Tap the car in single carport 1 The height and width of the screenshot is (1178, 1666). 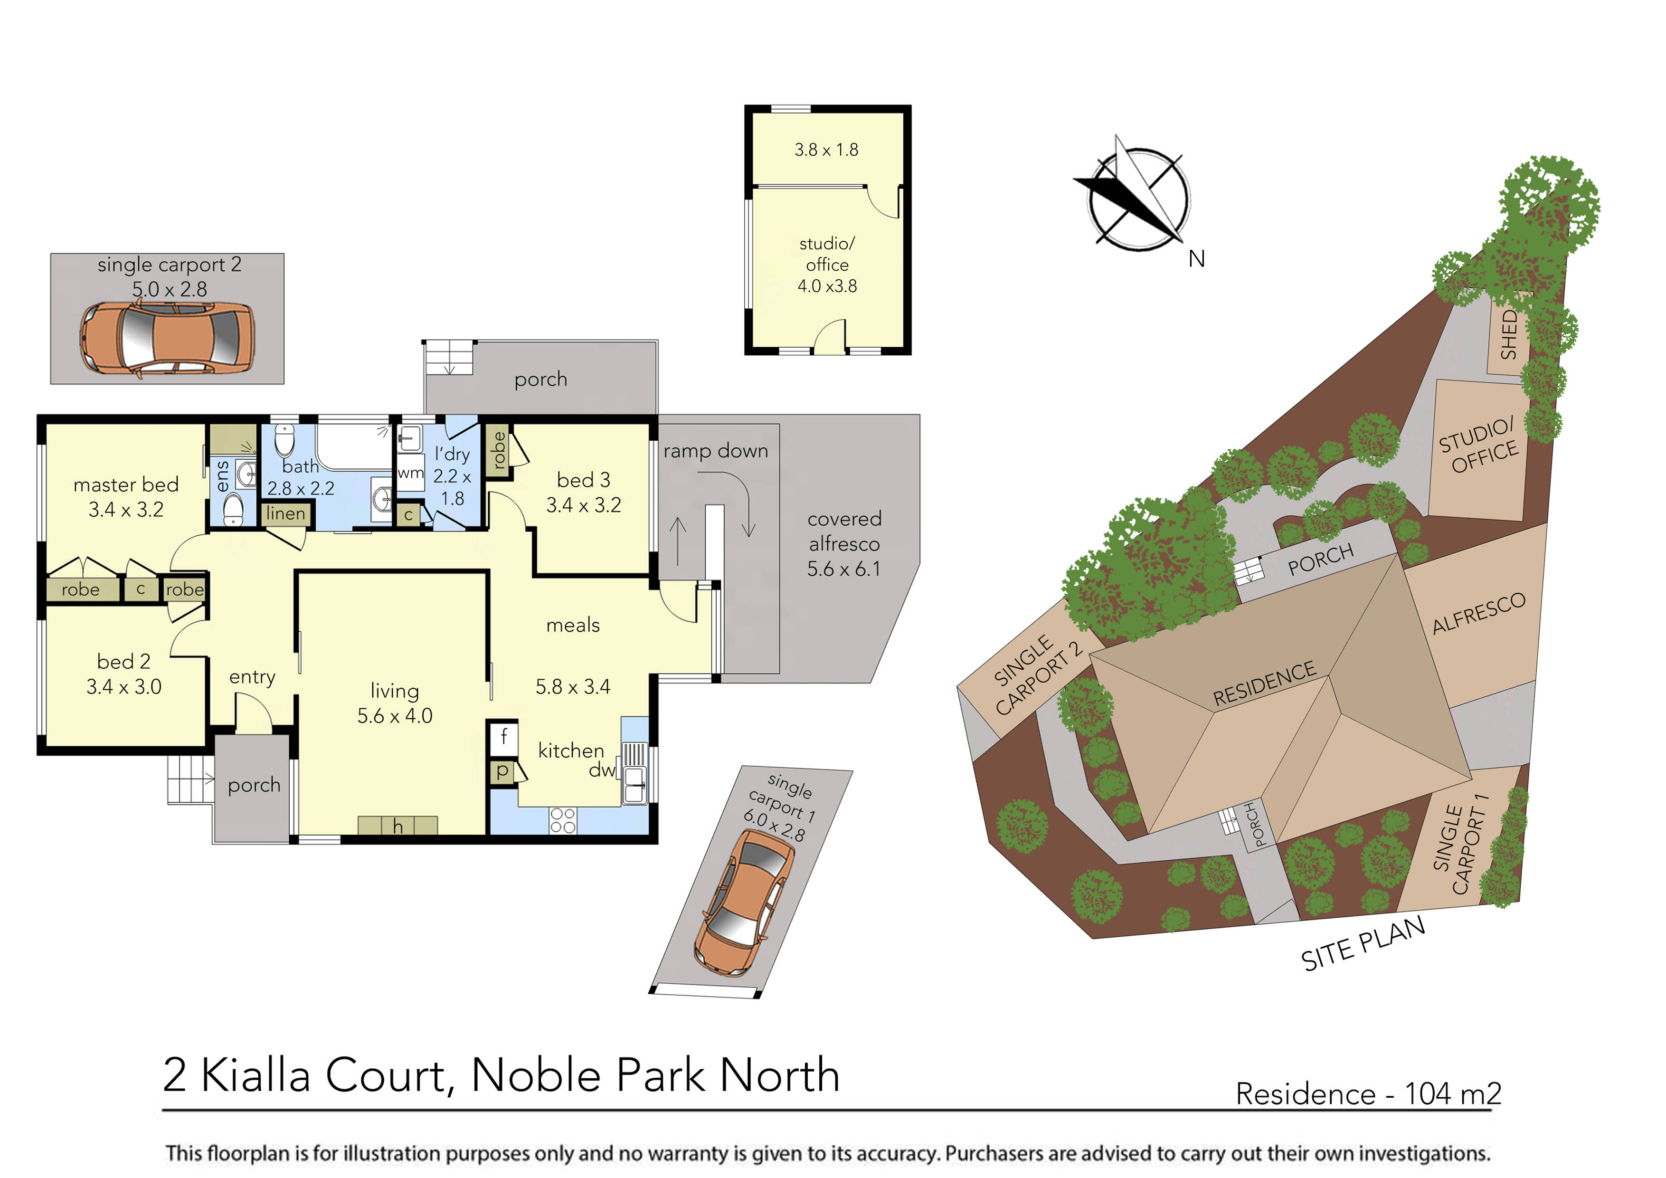coord(744,901)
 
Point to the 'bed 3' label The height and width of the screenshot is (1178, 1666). coord(583,480)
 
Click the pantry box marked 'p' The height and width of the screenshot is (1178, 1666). coord(502,771)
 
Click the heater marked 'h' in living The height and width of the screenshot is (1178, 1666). coord(398,826)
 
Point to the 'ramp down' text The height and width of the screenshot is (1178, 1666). coord(715,451)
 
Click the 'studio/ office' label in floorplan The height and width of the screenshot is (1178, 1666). coord(827,254)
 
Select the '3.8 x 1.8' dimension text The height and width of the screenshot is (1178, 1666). coord(826,150)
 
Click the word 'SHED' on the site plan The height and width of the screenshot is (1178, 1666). coord(1509,334)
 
